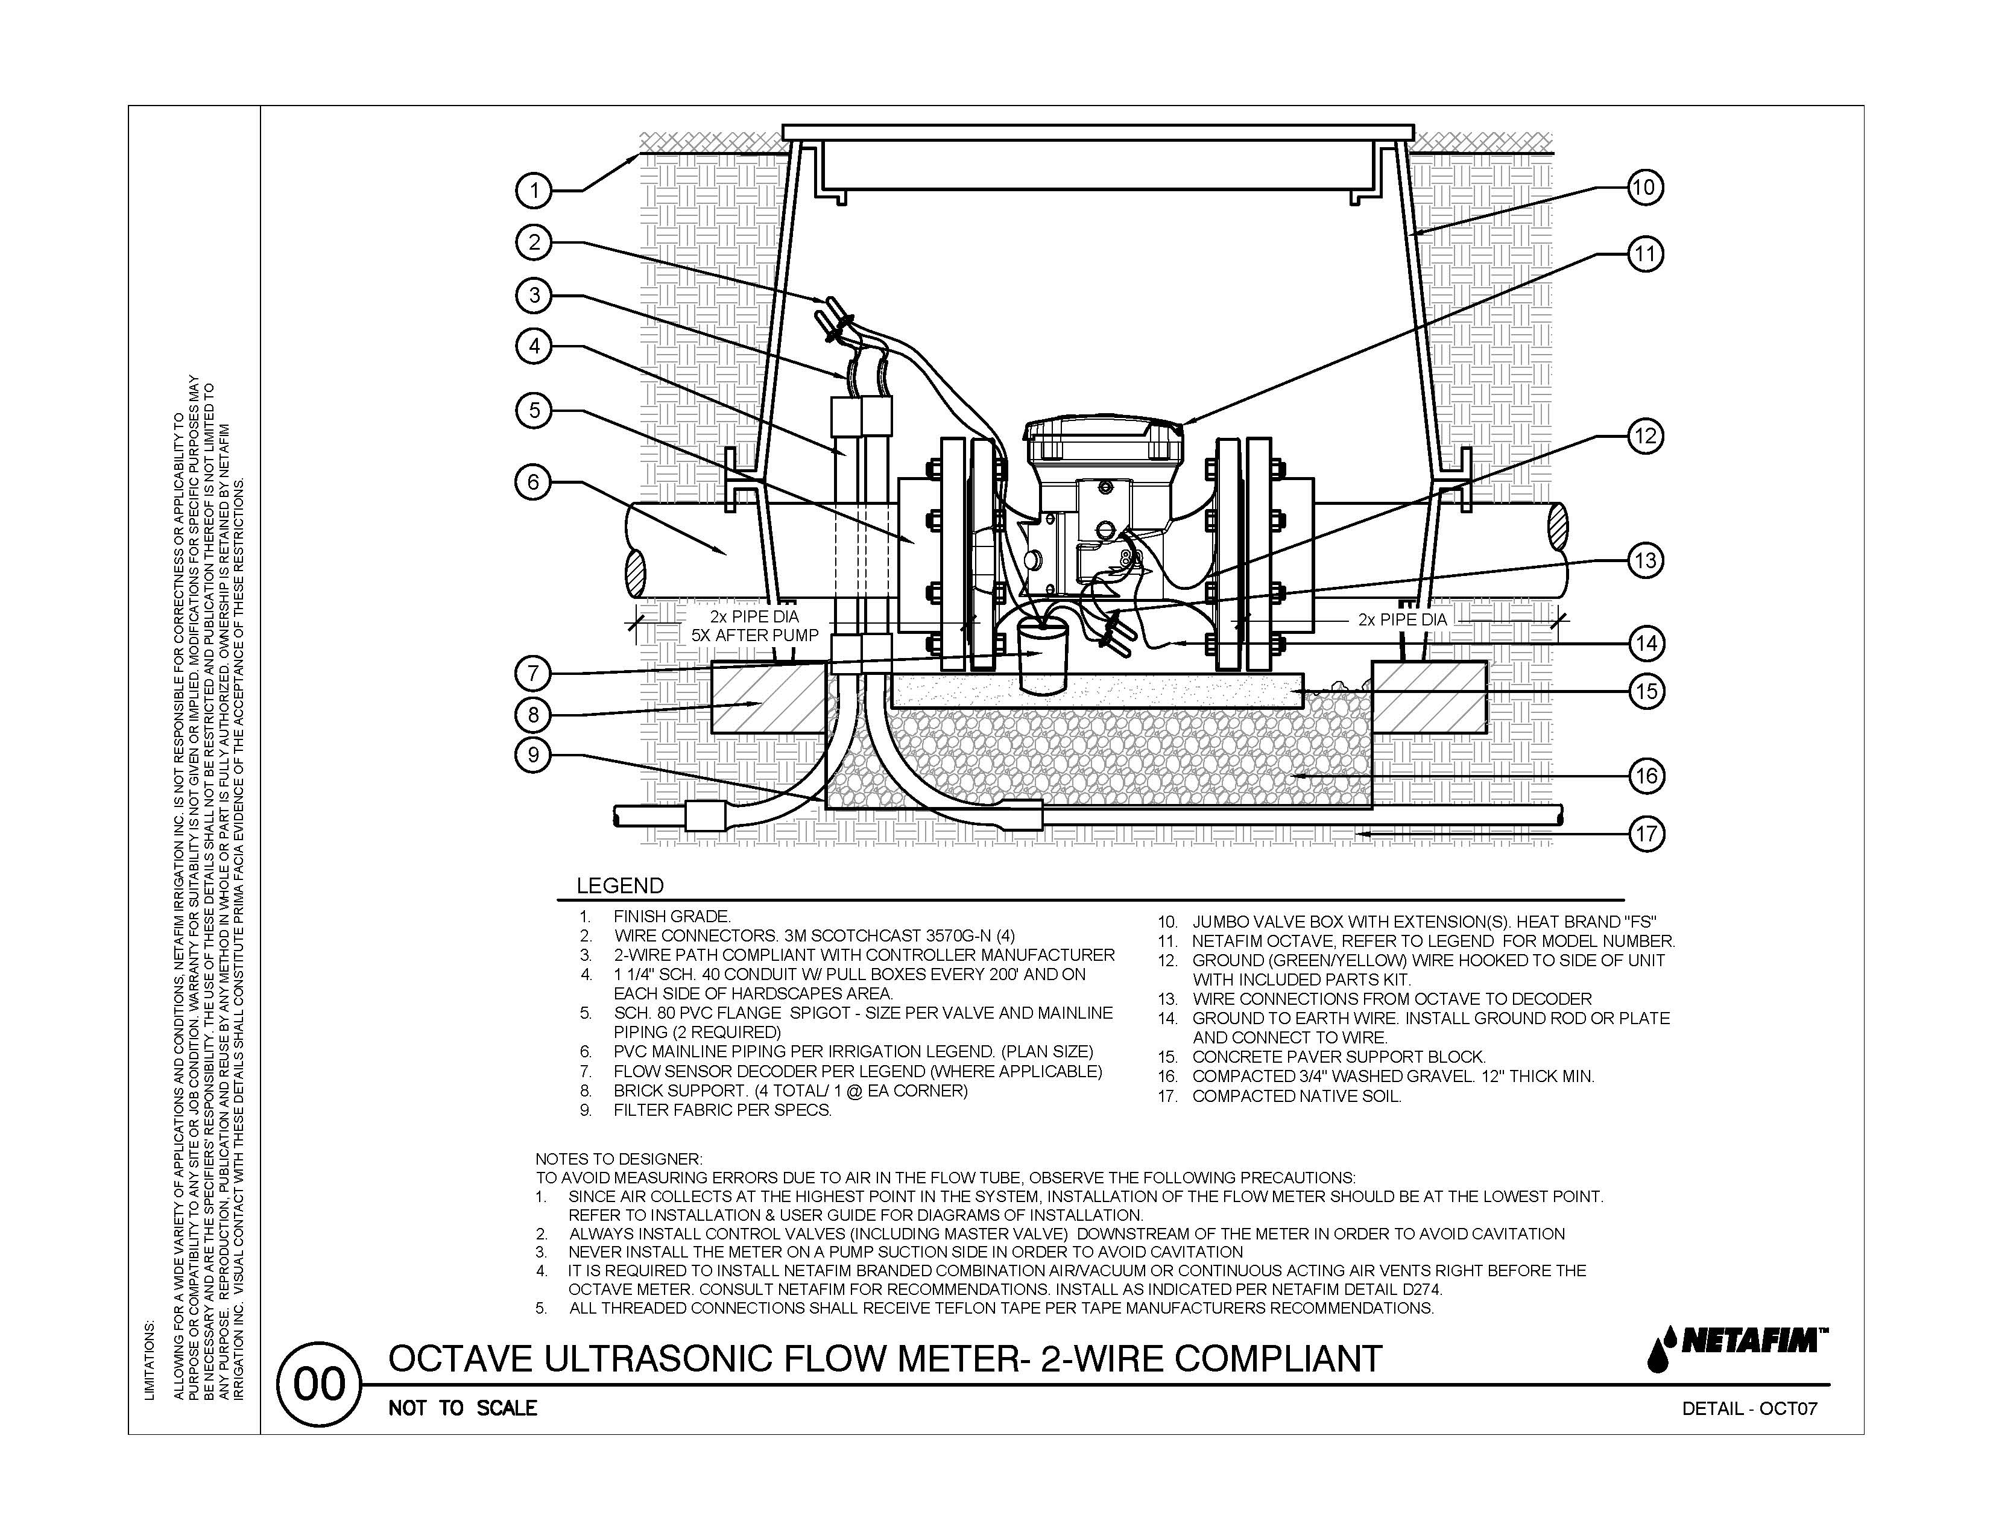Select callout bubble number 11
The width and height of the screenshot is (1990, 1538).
[x=1644, y=254]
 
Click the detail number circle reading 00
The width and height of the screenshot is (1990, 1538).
[x=320, y=1385]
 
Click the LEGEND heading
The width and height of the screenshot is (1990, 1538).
[x=619, y=885]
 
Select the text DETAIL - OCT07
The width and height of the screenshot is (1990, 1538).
[x=1749, y=1408]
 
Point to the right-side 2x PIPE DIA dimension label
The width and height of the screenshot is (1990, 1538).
[x=1401, y=619]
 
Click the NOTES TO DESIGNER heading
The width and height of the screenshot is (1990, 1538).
[x=619, y=1159]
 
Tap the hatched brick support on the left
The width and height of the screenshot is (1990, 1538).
[x=768, y=697]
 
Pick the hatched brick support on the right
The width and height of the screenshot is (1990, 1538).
[x=1429, y=697]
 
